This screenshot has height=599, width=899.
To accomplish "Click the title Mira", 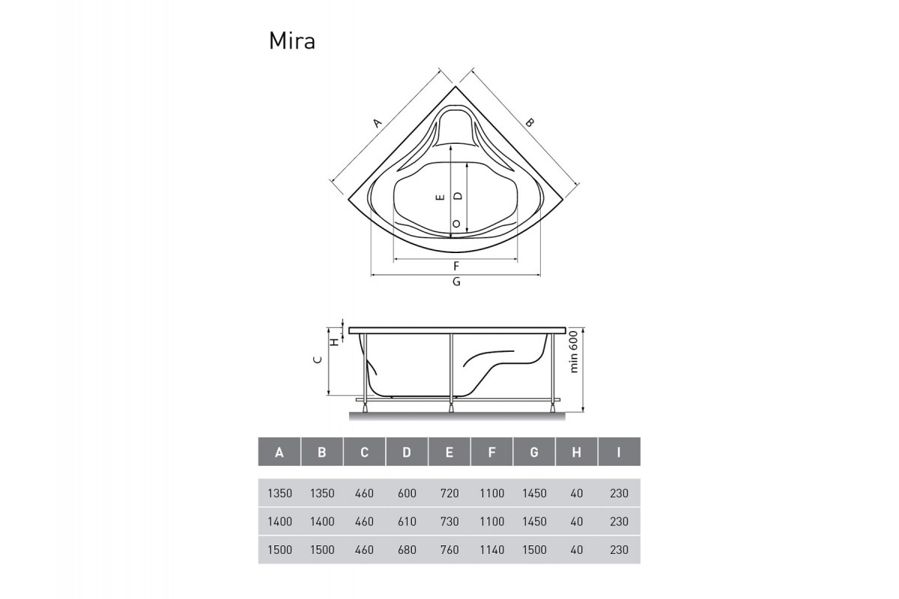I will point(291,40).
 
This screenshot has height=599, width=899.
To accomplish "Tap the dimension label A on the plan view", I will point(378,122).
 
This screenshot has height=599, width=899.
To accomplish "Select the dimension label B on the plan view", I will point(529,122).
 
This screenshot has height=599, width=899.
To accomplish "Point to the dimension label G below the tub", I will point(455,282).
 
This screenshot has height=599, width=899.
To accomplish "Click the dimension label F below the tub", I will point(455,267).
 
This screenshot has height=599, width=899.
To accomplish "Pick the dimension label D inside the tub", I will point(458,195).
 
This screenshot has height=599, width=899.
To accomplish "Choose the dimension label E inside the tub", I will point(441,197).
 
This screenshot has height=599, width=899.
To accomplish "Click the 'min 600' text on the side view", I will point(574,352).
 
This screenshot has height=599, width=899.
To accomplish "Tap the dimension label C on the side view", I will point(318,360).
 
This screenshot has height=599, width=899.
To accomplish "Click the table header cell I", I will point(619,452).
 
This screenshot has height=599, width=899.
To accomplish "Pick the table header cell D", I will point(407,452).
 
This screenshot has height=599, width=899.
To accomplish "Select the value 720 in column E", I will point(449,493).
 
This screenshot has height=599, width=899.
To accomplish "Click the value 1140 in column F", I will point(491,550).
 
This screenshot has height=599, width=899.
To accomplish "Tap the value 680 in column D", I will point(407,550).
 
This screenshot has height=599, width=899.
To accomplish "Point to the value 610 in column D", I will point(407,521).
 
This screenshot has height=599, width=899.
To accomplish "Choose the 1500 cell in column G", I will point(534,550).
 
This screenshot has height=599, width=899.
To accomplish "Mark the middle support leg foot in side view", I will point(451,407).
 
